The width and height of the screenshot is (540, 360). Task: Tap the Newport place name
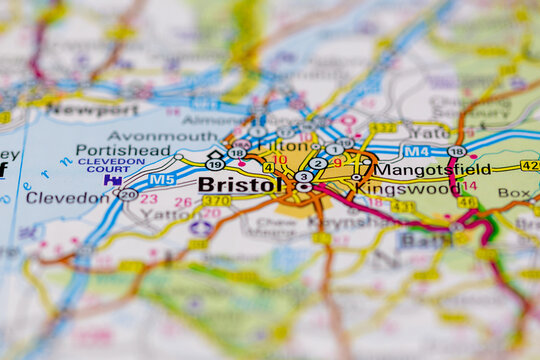(x=93, y=110)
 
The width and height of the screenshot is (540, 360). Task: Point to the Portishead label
(x=123, y=150)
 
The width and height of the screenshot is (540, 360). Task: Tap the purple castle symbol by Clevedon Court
(x=108, y=180)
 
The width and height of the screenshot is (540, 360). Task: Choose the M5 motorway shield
(x=162, y=180)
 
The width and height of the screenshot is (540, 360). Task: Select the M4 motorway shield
(x=415, y=152)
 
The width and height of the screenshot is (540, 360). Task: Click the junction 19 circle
(x=215, y=165)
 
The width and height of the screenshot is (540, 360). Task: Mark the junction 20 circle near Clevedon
(x=128, y=195)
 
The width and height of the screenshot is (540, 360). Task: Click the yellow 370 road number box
(x=216, y=201)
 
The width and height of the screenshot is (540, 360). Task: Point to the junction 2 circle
(x=317, y=163)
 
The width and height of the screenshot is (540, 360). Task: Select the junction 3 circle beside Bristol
(x=303, y=176)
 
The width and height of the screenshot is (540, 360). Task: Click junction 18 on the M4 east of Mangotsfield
(x=456, y=151)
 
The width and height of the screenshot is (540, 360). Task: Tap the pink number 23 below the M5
(x=149, y=199)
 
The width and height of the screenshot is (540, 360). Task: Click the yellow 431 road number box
(x=403, y=206)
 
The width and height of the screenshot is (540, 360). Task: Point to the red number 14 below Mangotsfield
(x=469, y=185)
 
